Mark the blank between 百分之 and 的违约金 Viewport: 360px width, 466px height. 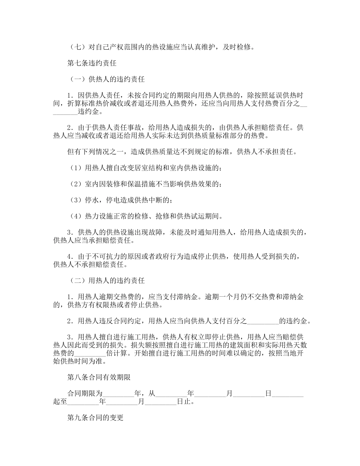click(x=263, y=322)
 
